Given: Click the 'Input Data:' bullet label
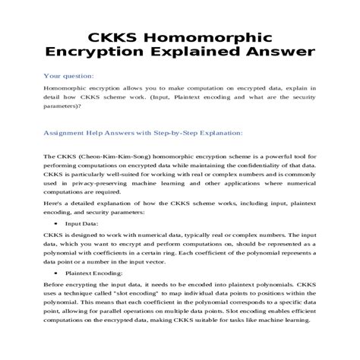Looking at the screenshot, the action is [81, 225].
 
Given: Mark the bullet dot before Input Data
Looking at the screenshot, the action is [58, 226].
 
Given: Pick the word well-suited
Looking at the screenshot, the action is [127, 174].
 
